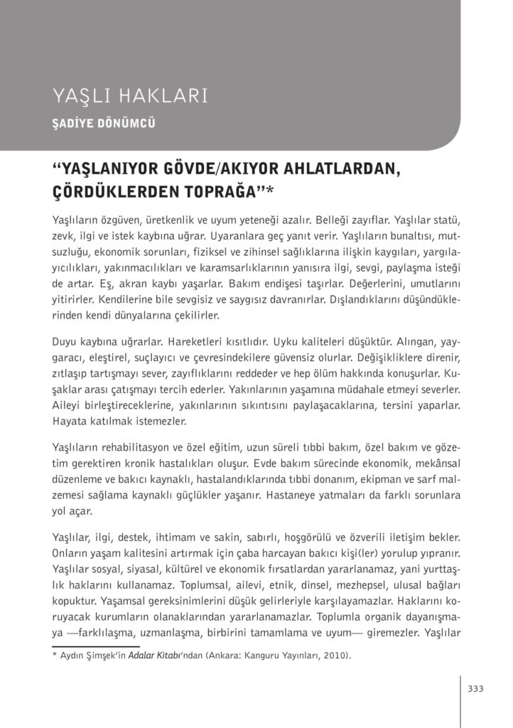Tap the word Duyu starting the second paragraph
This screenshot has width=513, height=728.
(x=65, y=340)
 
